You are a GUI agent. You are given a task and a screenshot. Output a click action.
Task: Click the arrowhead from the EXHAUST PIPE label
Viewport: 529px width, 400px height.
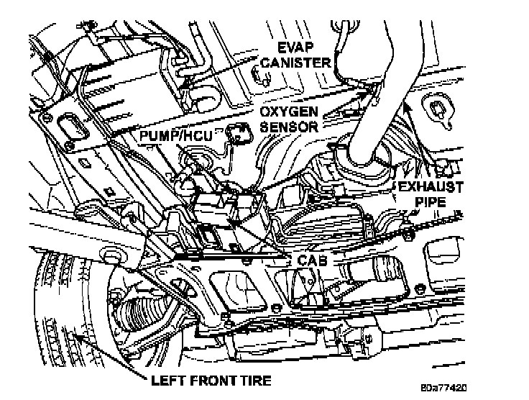tap(407, 106)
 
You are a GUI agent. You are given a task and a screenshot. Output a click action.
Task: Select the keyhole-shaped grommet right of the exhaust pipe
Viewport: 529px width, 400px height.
tap(437, 107)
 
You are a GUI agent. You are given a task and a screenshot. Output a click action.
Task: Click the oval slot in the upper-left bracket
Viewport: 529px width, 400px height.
tap(70, 126)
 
